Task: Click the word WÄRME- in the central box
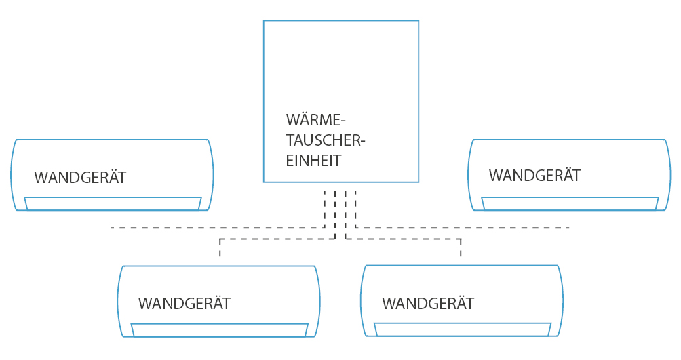point(315,121)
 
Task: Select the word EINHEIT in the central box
point(313,161)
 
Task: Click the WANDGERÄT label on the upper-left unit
point(80,178)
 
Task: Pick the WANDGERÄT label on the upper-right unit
point(534,176)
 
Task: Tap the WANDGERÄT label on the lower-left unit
point(184,303)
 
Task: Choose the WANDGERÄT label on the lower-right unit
point(428,302)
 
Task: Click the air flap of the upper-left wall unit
point(113,203)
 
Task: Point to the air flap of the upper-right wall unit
point(570,203)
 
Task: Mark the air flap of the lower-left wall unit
point(219,330)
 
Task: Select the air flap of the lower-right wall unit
point(462,329)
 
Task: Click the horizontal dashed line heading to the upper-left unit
point(217,228)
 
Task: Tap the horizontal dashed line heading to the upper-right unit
point(461,228)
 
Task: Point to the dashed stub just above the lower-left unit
point(220,248)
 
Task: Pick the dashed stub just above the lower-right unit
point(461,248)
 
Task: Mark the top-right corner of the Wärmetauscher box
point(419,21)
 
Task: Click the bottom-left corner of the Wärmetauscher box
point(264,182)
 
